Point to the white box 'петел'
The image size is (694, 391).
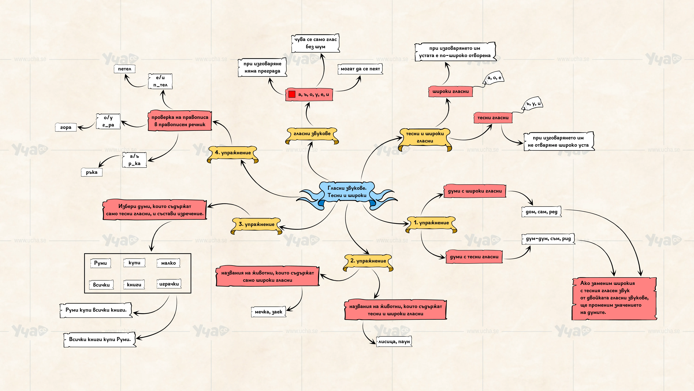coord(124,69)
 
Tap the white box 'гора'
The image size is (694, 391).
coord(66,127)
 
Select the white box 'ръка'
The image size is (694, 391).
coord(92,172)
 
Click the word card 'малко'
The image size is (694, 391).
coord(168,263)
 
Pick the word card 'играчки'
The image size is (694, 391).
coord(169,284)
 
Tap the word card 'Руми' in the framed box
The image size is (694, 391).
coord(101,263)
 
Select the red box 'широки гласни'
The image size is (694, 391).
coord(450,92)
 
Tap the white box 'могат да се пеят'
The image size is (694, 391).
coord(360,69)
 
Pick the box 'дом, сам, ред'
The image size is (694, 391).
coord(542,212)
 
